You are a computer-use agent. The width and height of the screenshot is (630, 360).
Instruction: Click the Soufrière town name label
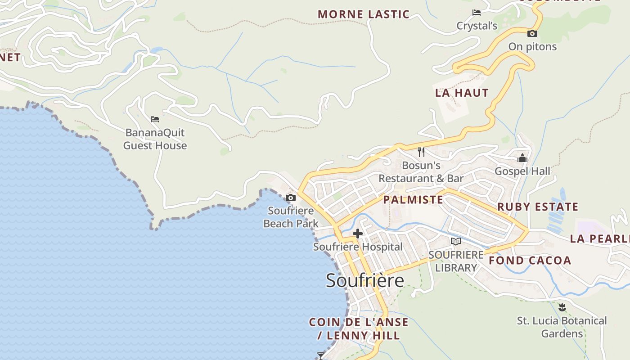pos(365,280)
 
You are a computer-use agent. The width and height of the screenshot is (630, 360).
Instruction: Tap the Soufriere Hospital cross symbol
pos(358,234)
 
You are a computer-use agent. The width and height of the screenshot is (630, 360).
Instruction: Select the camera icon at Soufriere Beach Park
pos(291,198)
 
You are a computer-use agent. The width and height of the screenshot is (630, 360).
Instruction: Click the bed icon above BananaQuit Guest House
pos(155,119)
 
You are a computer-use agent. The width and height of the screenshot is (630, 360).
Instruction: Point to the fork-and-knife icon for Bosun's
pos(421,152)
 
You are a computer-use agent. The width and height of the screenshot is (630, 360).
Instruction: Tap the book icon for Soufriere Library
pos(456,241)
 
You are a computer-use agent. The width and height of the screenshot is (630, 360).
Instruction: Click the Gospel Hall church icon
pos(522,158)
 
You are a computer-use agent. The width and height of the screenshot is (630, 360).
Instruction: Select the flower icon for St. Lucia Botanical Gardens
pos(562,307)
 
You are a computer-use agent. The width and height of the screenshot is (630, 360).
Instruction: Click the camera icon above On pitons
pos(532,33)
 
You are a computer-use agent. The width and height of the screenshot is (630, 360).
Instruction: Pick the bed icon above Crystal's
pos(477,13)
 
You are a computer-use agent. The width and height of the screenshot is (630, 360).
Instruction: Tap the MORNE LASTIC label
pos(364,14)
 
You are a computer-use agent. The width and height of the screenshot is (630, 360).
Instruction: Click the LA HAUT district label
pos(462,93)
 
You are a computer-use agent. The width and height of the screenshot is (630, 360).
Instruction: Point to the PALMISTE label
pos(413,200)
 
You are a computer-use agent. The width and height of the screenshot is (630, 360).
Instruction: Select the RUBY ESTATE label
pos(537,207)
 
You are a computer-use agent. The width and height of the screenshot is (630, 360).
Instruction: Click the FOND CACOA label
pos(530,261)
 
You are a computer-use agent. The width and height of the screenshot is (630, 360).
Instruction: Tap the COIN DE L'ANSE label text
pos(359,322)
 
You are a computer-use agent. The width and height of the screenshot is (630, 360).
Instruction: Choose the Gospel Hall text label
pos(522,171)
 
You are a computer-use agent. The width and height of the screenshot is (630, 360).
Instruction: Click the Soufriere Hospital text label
pos(358,247)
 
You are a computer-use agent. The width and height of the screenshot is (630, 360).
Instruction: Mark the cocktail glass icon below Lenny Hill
pos(320,356)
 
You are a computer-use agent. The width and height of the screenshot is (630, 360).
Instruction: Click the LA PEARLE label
pos(599,238)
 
